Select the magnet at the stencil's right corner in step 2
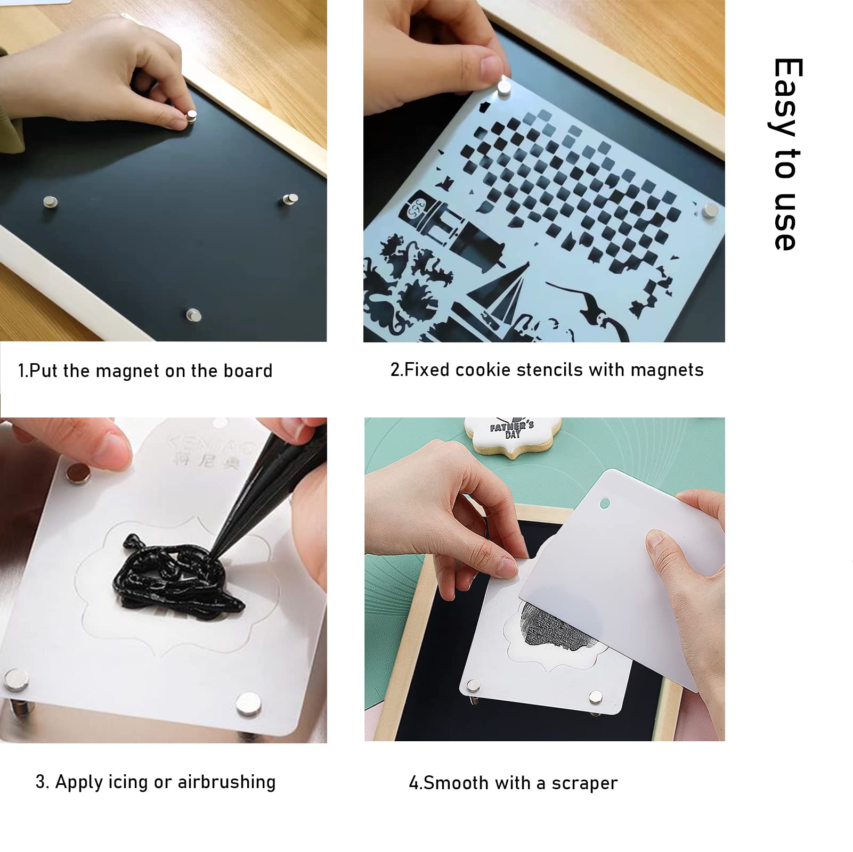710,210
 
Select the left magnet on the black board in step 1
50,201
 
